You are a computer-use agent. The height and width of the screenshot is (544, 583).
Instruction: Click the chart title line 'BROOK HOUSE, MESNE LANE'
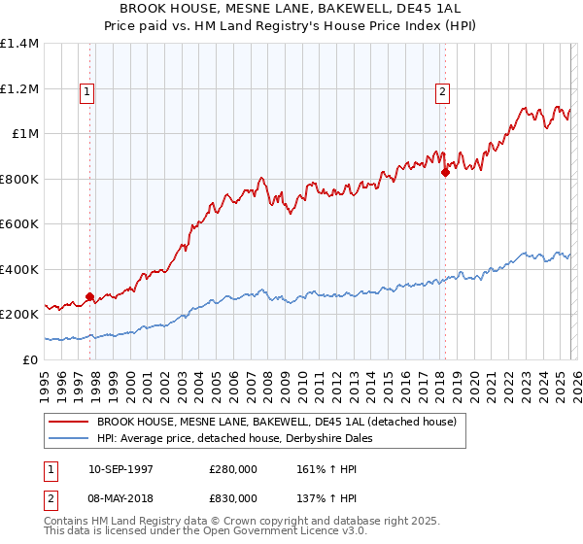(x=291, y=9)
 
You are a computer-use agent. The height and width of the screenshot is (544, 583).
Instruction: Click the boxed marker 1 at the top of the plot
(x=87, y=92)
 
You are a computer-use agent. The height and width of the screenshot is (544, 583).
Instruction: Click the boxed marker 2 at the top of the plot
(x=443, y=92)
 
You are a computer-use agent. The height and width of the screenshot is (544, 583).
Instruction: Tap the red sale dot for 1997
(x=89, y=297)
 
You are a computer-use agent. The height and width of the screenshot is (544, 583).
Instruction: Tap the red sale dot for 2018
(x=445, y=173)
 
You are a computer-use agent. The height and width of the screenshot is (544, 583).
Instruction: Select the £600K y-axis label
(x=19, y=224)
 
